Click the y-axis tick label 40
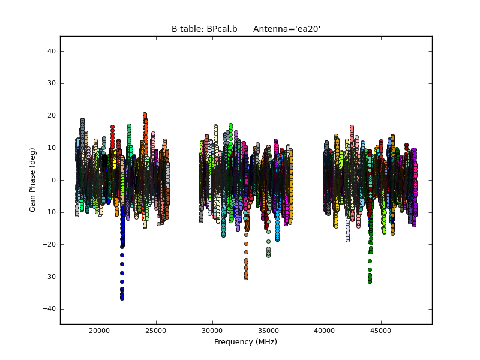52,52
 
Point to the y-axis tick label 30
52,83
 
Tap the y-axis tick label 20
52,116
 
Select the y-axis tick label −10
50,212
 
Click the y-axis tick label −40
50,308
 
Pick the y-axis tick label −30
50,277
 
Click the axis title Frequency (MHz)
245,342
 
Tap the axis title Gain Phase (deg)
33,180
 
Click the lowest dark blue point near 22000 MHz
122,298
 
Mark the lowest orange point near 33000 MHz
246,278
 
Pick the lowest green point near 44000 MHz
370,281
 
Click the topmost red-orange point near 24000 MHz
145,114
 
